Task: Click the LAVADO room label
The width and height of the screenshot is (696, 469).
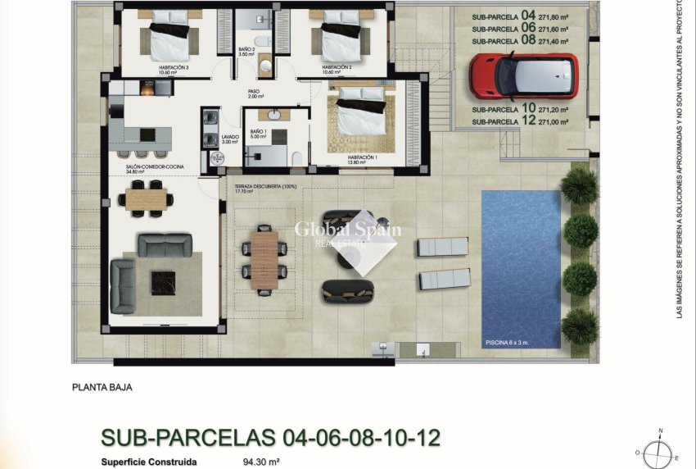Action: pyautogui.click(x=230, y=137)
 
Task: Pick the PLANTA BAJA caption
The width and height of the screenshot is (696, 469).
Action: pyautogui.click(x=102, y=388)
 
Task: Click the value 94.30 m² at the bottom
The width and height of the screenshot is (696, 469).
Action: pyautogui.click(x=261, y=462)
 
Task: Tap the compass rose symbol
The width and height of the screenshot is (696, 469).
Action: pyautogui.click(x=658, y=452)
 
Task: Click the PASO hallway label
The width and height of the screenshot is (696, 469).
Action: pyautogui.click(x=254, y=92)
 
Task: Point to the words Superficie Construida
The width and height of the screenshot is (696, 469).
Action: pyautogui.click(x=149, y=462)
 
